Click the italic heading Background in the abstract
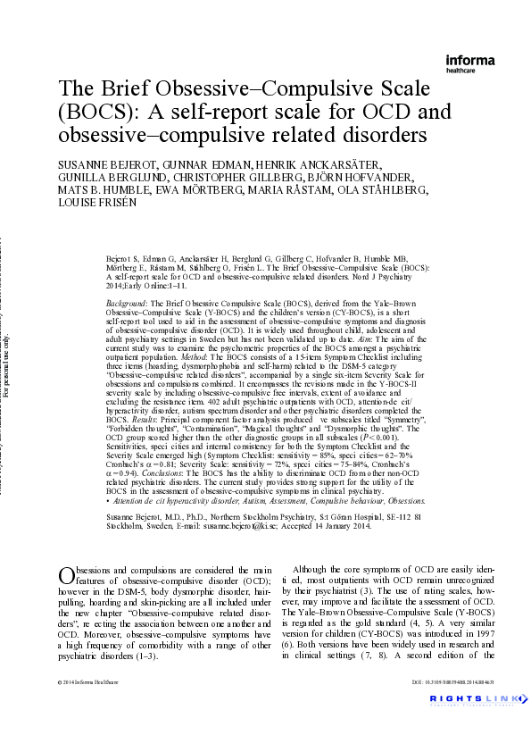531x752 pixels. click(127, 305)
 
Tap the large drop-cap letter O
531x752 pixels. click(67, 578)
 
